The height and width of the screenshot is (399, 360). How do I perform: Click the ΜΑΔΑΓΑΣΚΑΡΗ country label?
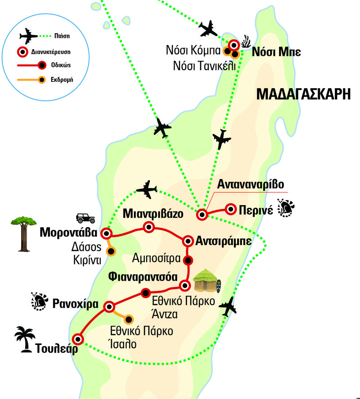[x=303, y=94]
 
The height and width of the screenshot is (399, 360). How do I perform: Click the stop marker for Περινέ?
[x=231, y=209]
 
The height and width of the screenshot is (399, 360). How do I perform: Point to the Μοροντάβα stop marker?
[x=106, y=233]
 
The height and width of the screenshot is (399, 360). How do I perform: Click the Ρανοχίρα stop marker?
[x=109, y=307]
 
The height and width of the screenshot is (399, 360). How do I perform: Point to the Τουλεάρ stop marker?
[x=78, y=339]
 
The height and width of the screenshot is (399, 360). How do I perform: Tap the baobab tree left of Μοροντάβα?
[x=21, y=233]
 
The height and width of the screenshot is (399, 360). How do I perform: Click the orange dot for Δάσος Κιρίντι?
[x=110, y=251]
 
